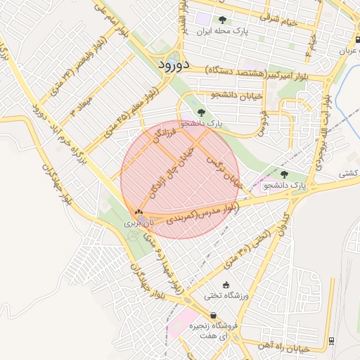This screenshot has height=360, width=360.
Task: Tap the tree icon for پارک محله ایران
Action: click(x=223, y=20)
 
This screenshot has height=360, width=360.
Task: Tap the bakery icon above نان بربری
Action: click(x=139, y=212)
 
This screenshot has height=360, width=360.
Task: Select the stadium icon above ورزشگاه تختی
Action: click(x=225, y=285)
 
